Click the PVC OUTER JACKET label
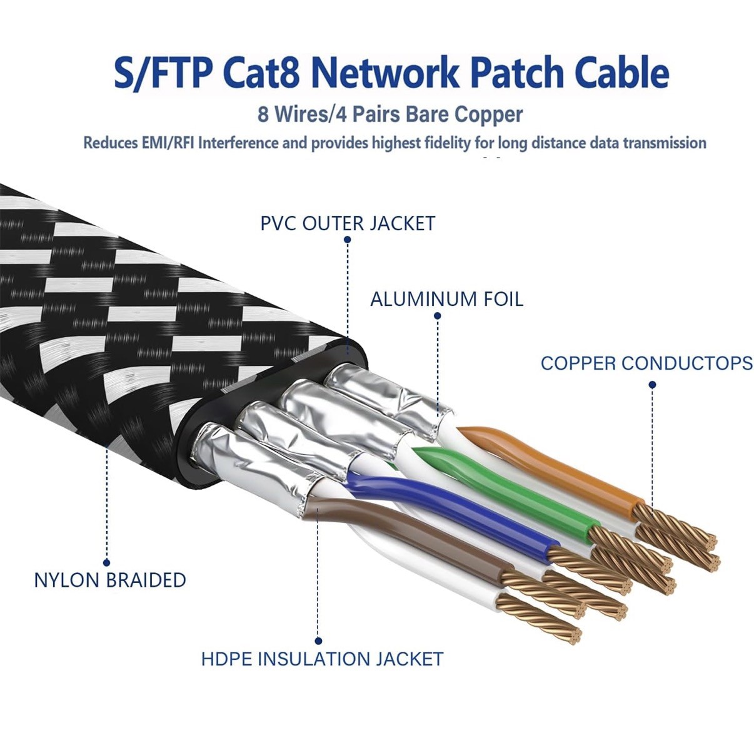348,223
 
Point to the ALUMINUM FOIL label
446,299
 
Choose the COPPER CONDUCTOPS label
646,363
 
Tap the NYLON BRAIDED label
110,580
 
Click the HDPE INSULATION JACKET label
322,659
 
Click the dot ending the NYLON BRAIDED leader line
107,562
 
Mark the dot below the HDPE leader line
318,641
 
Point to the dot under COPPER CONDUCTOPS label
652,385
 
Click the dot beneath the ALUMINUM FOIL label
437,317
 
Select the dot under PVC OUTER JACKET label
348,240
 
